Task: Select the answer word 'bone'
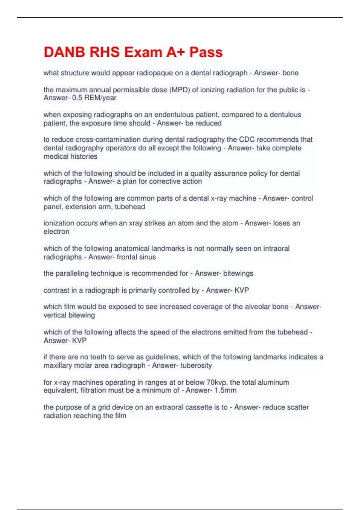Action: click(x=290, y=73)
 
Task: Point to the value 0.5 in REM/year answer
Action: click(x=77, y=98)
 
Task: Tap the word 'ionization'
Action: click(x=58, y=223)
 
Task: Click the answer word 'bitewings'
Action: click(x=238, y=273)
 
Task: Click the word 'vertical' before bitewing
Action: click(x=55, y=315)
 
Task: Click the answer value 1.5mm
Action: click(x=225, y=390)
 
